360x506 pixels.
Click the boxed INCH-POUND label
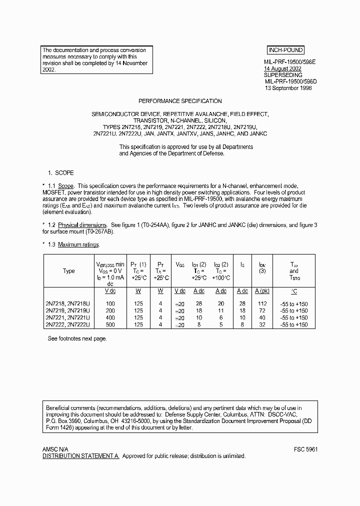click(285, 50)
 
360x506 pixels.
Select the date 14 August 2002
click(283, 68)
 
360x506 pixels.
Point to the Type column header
click(68, 271)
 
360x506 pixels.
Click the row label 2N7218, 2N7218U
click(68, 303)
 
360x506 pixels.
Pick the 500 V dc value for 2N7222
click(110, 324)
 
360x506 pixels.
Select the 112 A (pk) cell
click(262, 303)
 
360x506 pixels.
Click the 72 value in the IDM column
click(262, 310)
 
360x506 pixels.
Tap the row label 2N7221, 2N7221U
click(68, 317)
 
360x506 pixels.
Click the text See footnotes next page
click(77, 338)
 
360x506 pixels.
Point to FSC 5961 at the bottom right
click(306, 449)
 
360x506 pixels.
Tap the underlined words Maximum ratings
click(78, 244)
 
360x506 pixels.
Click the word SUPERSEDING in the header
click(280, 74)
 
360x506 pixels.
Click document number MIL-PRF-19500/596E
click(290, 62)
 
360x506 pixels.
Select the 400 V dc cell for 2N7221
click(110, 317)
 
